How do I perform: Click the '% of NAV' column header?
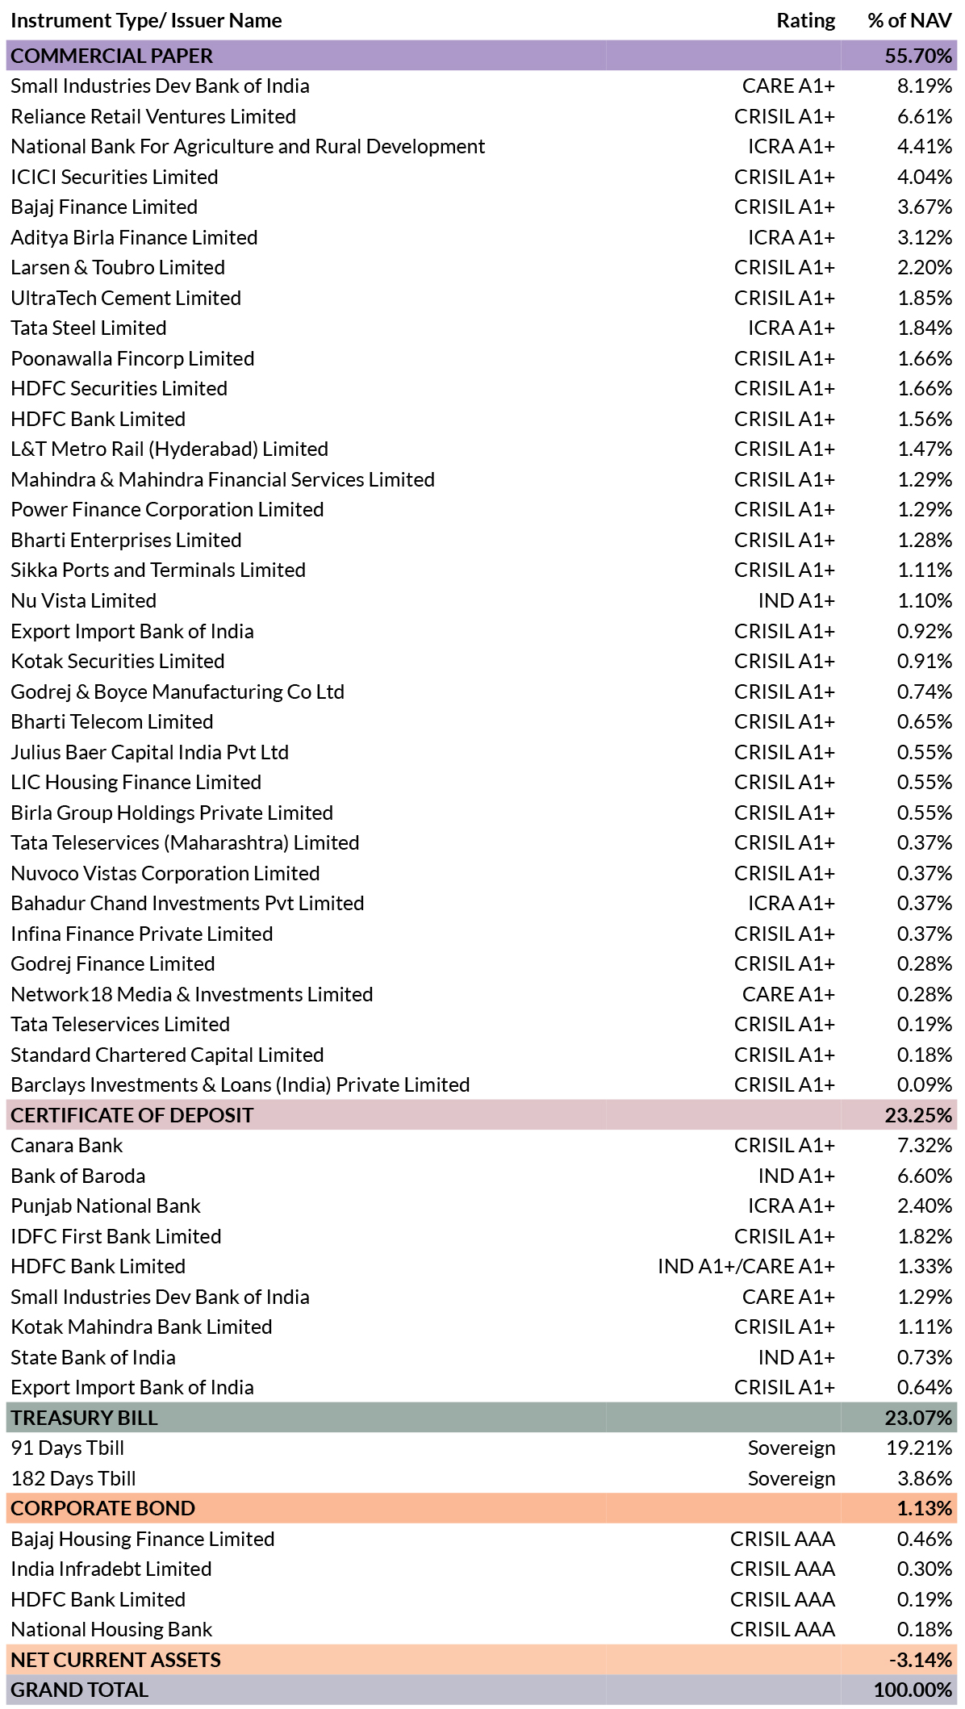point(909,21)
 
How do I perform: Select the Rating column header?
point(805,21)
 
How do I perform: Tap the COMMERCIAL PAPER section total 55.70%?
point(918,56)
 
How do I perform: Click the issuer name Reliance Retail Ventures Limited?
point(153,116)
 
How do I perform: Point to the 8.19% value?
point(925,86)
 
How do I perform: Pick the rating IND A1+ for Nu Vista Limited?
point(796,600)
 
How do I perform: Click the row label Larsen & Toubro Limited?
point(118,267)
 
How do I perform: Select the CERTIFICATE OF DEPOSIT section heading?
point(132,1115)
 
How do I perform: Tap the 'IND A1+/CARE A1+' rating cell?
point(746,1266)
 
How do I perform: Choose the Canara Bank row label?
point(67,1145)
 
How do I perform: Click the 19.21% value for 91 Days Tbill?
point(919,1448)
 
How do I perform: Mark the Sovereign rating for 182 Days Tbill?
point(791,1478)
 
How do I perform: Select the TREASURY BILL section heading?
point(84,1418)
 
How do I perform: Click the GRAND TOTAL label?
point(79,1690)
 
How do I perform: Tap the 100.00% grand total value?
point(913,1690)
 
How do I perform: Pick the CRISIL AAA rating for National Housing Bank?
point(782,1629)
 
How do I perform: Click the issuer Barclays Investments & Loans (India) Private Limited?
point(240,1084)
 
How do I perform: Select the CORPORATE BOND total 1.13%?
point(925,1508)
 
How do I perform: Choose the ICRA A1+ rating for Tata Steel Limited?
point(791,328)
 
